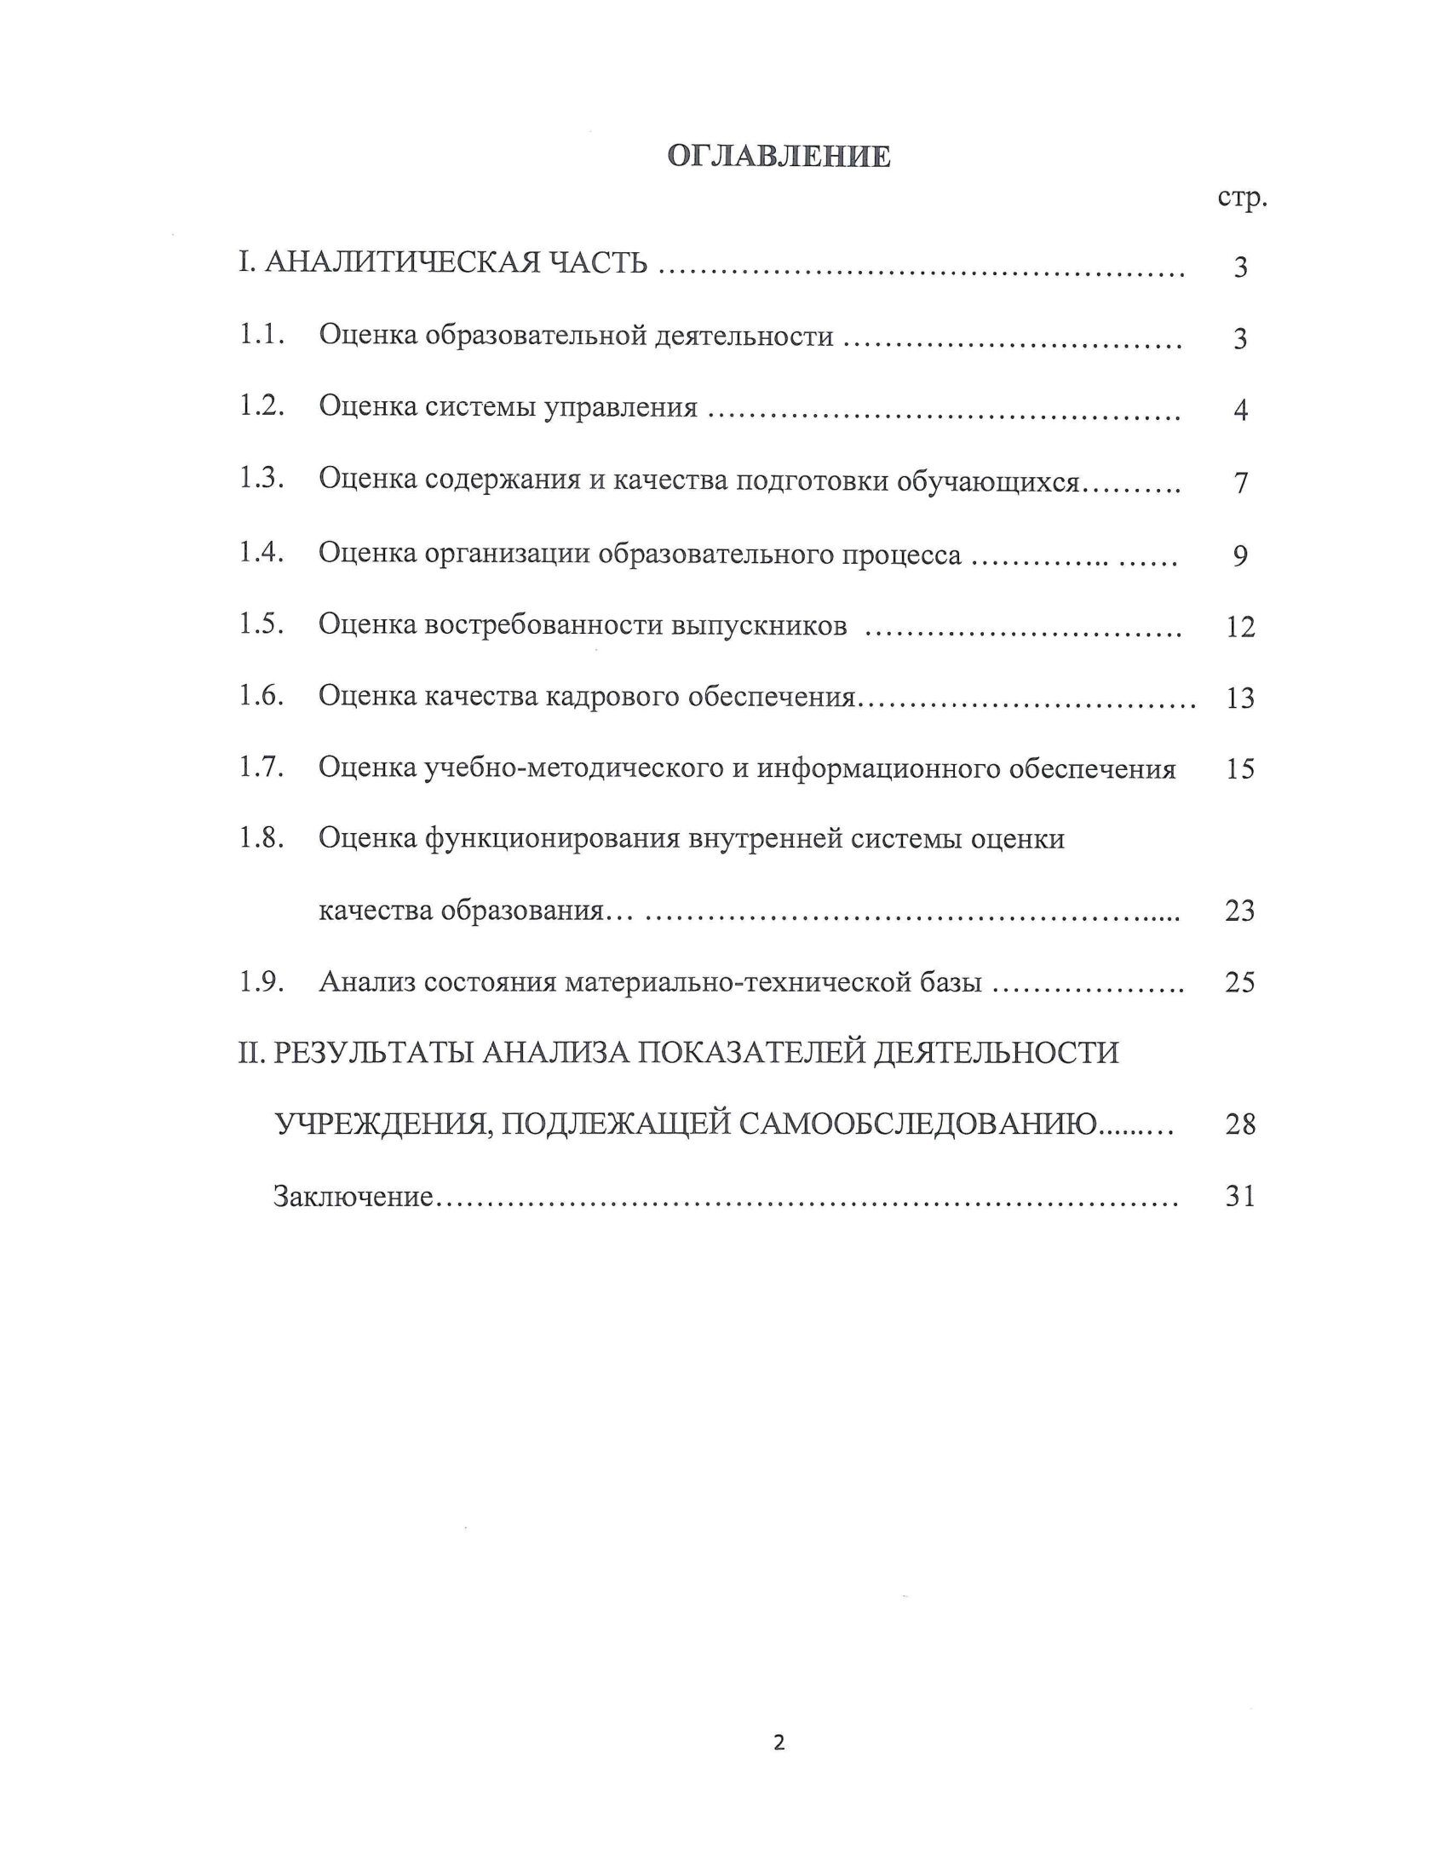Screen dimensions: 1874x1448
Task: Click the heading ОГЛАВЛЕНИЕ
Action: tap(778, 156)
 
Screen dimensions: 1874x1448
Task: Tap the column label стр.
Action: tap(1241, 199)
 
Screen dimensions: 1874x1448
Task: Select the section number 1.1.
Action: tap(261, 335)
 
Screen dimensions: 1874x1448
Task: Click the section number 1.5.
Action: tap(261, 624)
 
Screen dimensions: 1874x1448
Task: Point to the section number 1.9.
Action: tap(261, 980)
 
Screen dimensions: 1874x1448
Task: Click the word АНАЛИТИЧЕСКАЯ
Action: tap(401, 262)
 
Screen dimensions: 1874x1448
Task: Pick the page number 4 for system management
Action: tap(1240, 411)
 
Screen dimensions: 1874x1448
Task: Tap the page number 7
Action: tap(1240, 483)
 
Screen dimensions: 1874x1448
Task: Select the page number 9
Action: tap(1240, 556)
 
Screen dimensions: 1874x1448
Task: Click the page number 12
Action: tap(1240, 627)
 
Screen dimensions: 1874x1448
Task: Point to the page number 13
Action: tap(1240, 698)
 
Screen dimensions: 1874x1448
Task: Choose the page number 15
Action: tap(1240, 769)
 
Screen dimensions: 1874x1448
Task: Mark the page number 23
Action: tap(1240, 911)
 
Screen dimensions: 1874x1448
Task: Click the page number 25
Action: tap(1240, 981)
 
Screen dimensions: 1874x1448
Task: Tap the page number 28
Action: tap(1240, 1124)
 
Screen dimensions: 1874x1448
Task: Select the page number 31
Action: tap(1240, 1196)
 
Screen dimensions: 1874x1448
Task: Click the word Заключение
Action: tap(353, 1196)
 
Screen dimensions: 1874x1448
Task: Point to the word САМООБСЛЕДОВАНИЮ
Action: tap(917, 1124)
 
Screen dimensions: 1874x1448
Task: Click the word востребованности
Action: tap(545, 625)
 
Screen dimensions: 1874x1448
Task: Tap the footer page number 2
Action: tap(779, 1744)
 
